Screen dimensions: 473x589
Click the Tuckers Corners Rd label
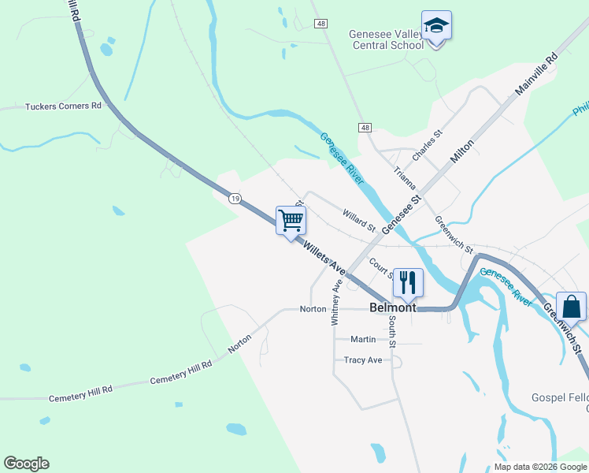(64, 106)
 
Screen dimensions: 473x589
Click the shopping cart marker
(291, 221)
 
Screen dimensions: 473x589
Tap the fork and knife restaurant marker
(408, 282)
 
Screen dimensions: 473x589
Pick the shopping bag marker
(571, 307)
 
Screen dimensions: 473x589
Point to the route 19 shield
(235, 199)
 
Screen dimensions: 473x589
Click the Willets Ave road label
(324, 257)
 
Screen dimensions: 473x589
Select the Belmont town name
(392, 307)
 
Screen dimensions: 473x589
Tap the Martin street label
(363, 339)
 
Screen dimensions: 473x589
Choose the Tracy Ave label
(363, 360)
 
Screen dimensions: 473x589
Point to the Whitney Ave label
(336, 301)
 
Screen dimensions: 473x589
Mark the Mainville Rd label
(536, 75)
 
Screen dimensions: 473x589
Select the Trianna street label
(405, 180)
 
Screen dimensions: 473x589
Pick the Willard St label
(359, 221)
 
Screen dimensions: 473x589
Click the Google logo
(26, 464)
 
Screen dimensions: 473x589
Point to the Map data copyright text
(539, 467)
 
